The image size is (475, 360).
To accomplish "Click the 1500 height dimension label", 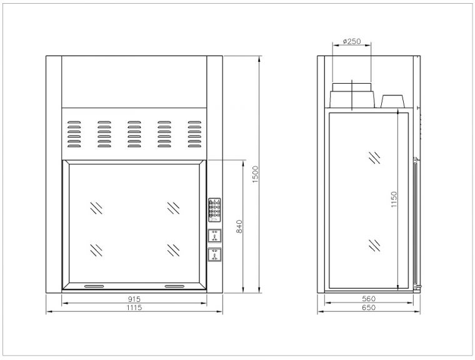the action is tap(256, 174).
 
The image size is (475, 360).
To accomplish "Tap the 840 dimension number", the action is tap(239, 226).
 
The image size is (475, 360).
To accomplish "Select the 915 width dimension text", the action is tap(134, 299).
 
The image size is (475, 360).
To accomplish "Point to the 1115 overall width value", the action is tap(134, 307).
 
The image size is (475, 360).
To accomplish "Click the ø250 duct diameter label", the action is tap(352, 41).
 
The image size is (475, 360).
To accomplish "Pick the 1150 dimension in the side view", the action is tap(394, 199).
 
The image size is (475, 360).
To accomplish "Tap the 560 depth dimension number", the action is tap(369, 299).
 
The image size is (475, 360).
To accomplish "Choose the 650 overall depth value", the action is tap(369, 307).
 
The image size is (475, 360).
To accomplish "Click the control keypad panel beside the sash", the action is tap(214, 210).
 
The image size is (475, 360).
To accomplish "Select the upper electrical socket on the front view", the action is tap(214, 236).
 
